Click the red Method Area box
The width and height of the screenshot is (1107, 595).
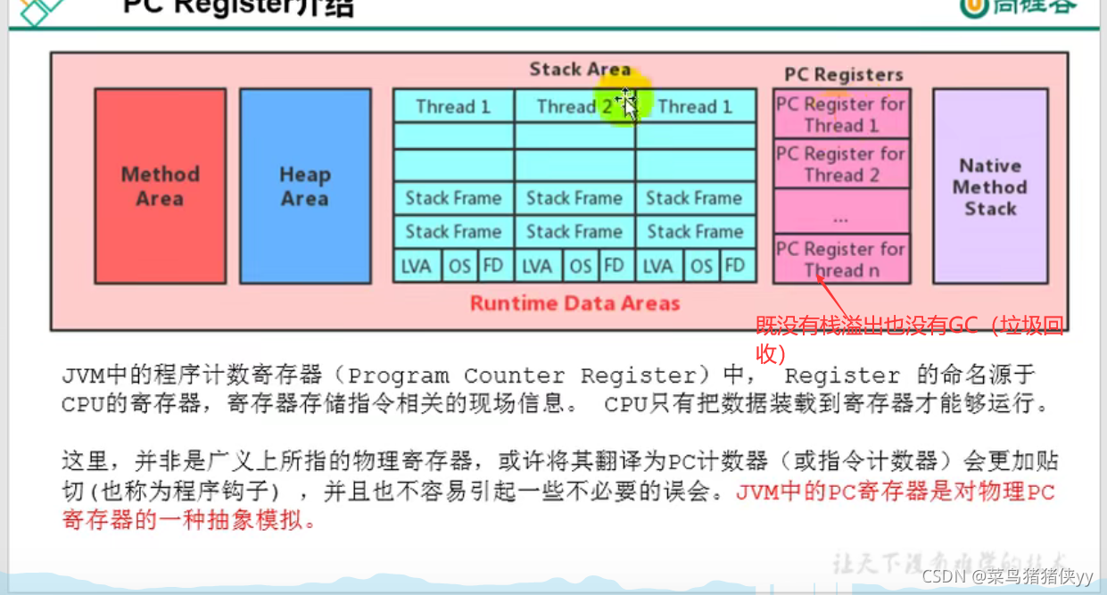click(161, 186)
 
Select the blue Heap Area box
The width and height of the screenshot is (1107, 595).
click(305, 186)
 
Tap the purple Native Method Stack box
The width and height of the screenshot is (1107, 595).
click(990, 186)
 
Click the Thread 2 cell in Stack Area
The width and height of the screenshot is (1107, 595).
click(574, 107)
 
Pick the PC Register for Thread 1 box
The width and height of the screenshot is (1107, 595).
click(841, 114)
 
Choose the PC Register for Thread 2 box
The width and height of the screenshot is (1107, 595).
click(841, 164)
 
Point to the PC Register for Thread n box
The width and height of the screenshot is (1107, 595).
click(841, 260)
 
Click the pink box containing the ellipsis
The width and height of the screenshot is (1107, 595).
click(841, 212)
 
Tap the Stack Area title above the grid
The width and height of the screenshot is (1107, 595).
click(580, 70)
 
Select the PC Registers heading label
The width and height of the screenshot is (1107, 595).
click(844, 75)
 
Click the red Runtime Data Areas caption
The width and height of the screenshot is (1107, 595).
click(574, 303)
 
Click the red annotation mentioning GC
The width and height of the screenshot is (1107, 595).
click(910, 339)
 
